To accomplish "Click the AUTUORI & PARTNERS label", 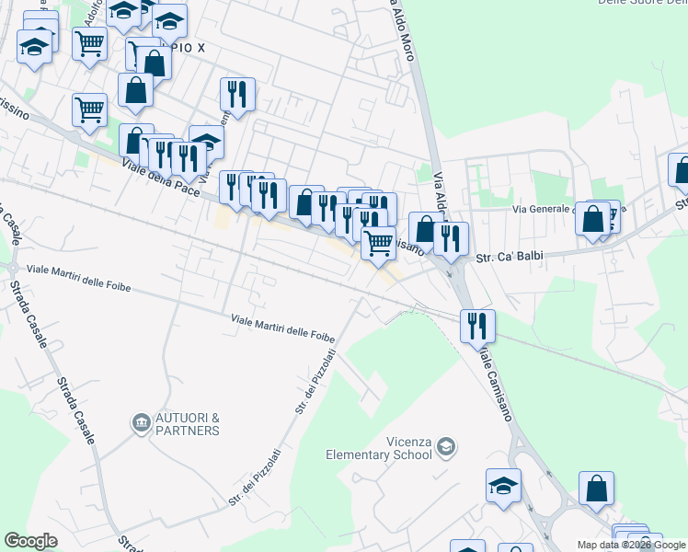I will point(188,423).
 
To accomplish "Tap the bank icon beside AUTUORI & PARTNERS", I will point(142,422).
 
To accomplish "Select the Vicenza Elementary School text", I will point(379,446).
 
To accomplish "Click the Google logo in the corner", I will point(30,540).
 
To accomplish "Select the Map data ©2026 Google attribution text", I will point(631,545).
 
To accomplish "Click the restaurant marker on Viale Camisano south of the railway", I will point(477,325).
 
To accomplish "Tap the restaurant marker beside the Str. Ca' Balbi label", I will point(451,238).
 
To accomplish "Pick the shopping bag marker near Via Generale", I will point(594,219).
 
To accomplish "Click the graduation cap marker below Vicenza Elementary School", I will point(503,486).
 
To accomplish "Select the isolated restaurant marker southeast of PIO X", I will point(237,94).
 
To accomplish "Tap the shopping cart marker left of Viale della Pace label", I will point(90,109).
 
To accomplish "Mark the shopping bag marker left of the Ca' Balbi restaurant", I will point(424,229).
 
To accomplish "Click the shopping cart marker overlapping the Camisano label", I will point(378,243).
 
